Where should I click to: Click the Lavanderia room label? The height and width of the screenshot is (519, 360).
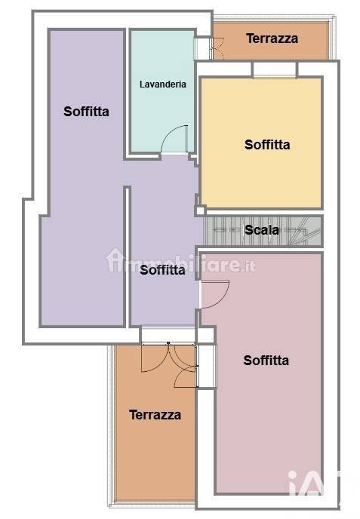pos(162,84)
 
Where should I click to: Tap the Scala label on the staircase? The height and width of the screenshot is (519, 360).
pos(262,230)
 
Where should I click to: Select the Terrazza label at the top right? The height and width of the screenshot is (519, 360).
pos(272,38)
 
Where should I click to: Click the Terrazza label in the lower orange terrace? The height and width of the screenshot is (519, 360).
pos(155,414)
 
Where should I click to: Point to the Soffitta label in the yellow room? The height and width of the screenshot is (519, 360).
pos(267,145)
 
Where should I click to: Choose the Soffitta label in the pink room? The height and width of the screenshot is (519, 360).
pos(266,361)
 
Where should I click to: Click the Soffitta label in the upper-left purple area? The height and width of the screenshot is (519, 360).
pos(86,112)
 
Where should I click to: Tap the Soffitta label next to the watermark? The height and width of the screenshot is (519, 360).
pos(162,269)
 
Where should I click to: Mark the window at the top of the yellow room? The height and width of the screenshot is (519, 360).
pos(274,69)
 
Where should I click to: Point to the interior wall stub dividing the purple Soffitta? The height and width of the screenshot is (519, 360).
pos(128,256)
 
